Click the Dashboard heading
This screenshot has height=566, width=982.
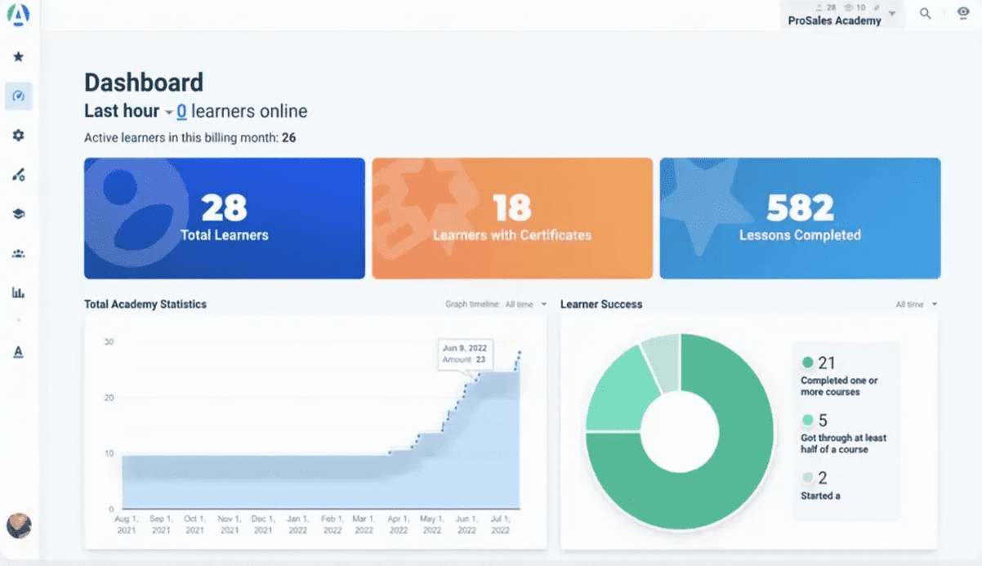pos(144,82)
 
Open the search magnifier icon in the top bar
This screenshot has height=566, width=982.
pos(926,14)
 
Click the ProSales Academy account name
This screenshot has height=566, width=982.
pos(834,20)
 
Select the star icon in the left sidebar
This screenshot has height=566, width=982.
pos(18,57)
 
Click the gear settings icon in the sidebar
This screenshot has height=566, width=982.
pos(18,136)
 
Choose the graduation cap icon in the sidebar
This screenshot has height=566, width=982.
pos(18,214)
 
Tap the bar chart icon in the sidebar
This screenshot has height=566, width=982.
pos(18,292)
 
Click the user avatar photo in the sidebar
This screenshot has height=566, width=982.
pos(18,525)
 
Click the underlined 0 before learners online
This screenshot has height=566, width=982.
pos(181,111)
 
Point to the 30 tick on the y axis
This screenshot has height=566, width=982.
pos(108,341)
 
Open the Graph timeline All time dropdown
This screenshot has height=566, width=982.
pos(525,305)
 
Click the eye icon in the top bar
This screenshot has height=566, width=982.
pos(963,14)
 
